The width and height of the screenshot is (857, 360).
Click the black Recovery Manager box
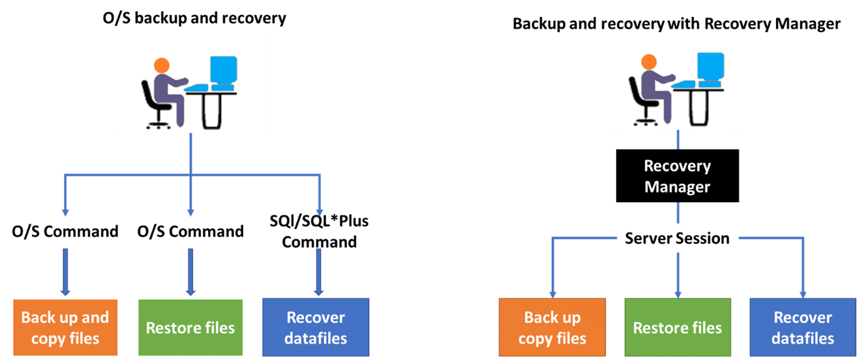click(677, 175)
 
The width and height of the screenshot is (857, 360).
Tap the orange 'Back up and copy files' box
click(65, 327)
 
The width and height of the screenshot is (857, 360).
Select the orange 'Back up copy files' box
click(552, 327)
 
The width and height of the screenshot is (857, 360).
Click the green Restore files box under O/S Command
click(190, 327)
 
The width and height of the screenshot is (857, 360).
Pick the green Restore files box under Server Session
click(678, 327)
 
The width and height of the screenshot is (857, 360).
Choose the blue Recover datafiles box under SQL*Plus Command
click(316, 327)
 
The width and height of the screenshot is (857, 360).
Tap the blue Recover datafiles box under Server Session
click(803, 327)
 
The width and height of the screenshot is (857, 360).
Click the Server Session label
click(677, 238)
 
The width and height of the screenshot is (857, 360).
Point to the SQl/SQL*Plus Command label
click(319, 232)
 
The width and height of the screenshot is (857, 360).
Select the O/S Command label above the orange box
click(65, 232)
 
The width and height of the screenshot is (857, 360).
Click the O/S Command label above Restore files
click(190, 232)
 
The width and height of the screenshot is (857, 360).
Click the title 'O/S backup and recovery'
click(194, 18)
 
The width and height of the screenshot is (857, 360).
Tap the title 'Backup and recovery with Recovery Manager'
click(676, 23)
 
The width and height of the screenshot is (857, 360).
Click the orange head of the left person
click(162, 65)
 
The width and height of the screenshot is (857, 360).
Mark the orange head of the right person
click(649, 61)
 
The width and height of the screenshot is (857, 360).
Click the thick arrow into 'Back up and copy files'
click(65, 272)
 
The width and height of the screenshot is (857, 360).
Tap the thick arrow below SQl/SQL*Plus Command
click(319, 272)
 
